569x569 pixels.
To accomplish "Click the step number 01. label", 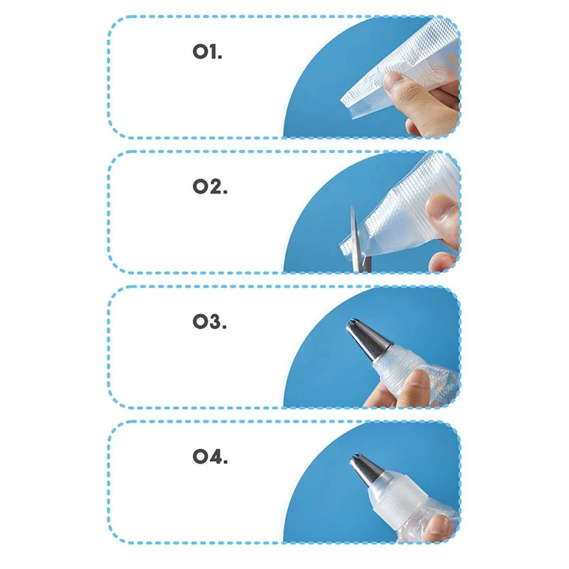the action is pos(207,51).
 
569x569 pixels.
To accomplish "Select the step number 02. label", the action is pos(210,186).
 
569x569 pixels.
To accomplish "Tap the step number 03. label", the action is pos(209,321).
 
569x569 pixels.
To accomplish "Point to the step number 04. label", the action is pos(210,457).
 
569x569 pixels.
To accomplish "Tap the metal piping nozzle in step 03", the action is pos(366,339).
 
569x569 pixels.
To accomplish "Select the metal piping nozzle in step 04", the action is pos(368,471).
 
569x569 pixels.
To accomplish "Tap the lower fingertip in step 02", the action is pos(442,262).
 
